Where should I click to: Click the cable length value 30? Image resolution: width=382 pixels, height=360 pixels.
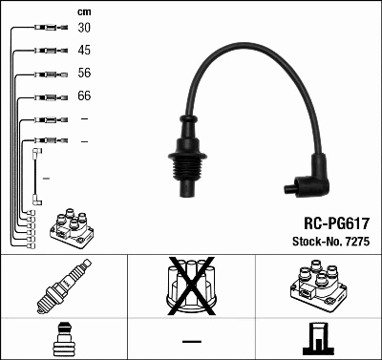(84, 28)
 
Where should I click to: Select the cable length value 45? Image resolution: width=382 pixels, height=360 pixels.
(84, 50)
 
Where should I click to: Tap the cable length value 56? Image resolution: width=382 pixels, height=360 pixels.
(84, 74)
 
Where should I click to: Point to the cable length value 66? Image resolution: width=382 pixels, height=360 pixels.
(84, 96)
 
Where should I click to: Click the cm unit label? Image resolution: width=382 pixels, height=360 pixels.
(83, 11)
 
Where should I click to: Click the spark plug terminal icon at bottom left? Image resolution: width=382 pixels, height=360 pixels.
(63, 338)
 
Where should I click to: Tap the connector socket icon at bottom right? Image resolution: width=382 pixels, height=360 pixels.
(317, 338)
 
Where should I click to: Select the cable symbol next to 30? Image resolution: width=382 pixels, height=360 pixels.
(46, 29)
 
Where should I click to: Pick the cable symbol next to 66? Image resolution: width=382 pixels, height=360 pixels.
(46, 96)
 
